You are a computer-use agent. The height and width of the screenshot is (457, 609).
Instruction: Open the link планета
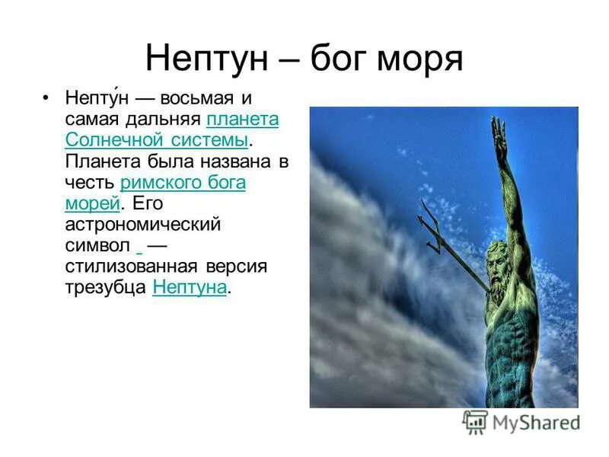[x=242, y=120]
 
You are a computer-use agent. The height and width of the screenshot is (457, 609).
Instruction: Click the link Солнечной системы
[x=157, y=141]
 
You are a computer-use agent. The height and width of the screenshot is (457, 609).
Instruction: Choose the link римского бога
[x=183, y=183]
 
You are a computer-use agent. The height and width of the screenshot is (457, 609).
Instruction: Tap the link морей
[x=93, y=204]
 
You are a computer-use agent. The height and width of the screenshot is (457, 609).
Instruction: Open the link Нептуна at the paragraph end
[x=190, y=288]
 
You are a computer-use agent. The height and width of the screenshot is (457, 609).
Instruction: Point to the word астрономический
[x=143, y=225]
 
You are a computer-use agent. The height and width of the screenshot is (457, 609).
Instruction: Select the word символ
[x=97, y=246]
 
